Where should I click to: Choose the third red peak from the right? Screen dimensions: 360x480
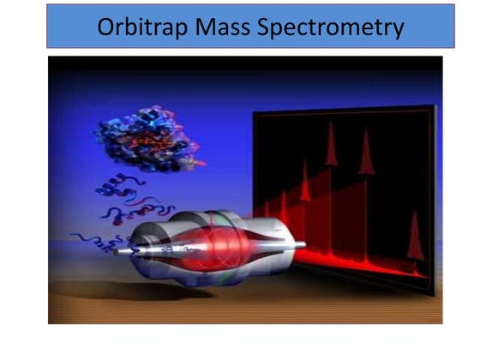pyautogui.click(x=331, y=146)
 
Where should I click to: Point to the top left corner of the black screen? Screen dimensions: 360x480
pyautogui.click(x=254, y=117)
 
